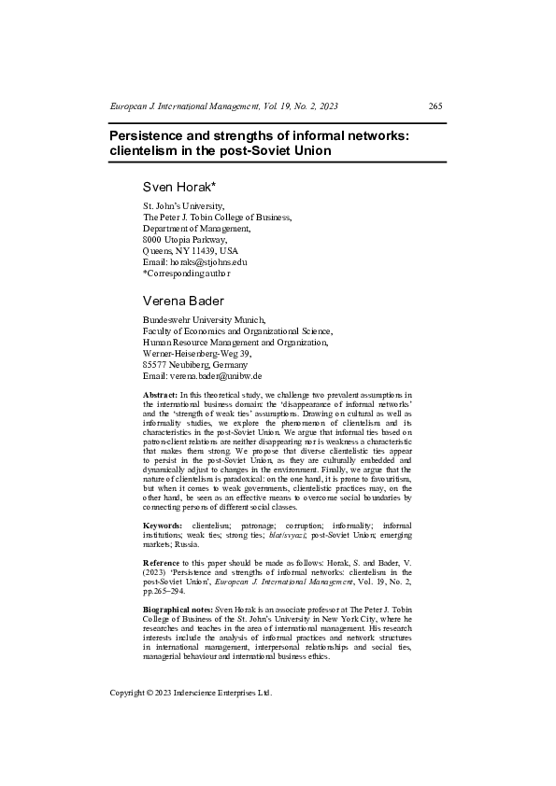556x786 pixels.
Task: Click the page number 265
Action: (435, 105)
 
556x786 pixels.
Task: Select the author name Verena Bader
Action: (183, 301)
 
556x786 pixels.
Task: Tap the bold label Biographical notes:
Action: (178, 610)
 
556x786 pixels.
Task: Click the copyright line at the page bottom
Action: (191, 693)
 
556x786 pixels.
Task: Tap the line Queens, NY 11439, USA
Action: (190, 251)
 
